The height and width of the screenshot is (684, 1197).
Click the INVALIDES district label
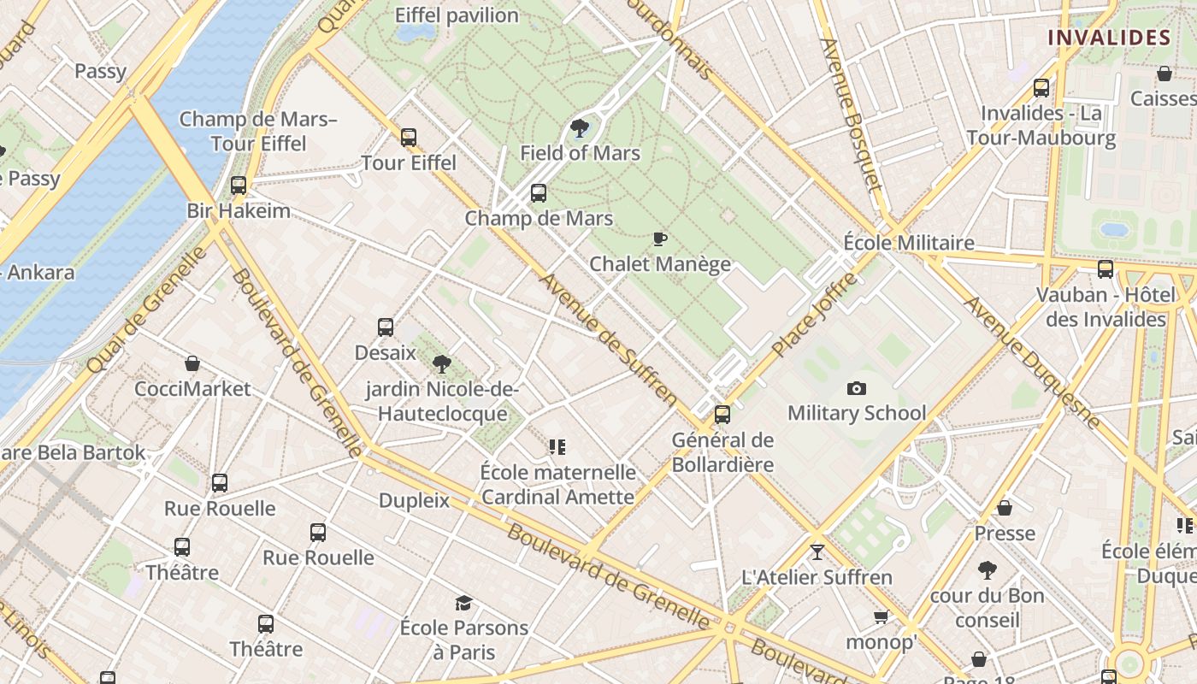1109,38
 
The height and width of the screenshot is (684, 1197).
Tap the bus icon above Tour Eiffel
409,137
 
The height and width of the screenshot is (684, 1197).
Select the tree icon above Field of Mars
580,128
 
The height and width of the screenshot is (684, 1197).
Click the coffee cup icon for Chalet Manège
659,239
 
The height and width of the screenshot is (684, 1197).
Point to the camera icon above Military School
856,388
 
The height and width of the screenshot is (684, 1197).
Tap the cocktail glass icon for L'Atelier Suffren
817,551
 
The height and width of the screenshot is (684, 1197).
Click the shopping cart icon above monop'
881,616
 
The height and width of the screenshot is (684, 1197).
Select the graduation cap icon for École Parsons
463,603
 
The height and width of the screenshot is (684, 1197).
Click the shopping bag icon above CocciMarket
192,363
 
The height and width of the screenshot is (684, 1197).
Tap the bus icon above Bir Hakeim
239,185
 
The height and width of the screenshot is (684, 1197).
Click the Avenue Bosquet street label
850,115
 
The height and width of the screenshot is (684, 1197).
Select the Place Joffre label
814,315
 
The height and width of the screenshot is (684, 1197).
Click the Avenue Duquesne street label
1032,362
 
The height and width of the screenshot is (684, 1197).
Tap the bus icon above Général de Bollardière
722,415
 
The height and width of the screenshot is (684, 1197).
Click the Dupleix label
414,500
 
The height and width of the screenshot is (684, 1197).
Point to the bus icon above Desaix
386,327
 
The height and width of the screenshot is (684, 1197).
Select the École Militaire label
909,242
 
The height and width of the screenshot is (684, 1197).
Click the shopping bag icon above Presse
1005,508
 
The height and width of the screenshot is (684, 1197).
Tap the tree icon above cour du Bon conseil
988,569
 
